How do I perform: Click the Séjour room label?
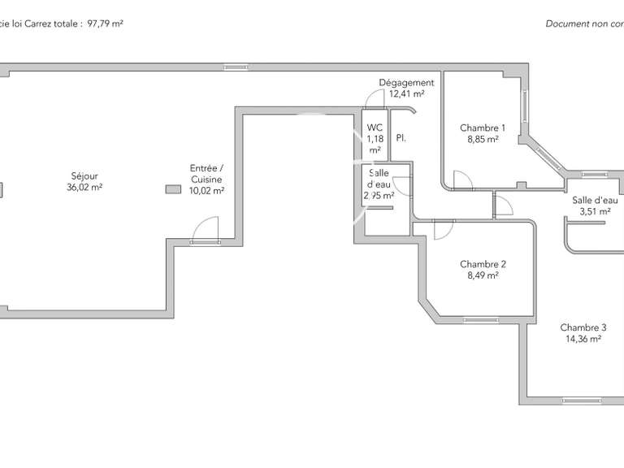[84, 175]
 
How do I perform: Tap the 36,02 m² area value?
[84, 187]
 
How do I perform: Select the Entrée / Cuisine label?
[206, 174]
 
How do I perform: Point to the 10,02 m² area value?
[206, 191]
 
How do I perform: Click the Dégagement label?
[406, 83]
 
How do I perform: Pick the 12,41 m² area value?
[406, 94]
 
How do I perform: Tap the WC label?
[375, 128]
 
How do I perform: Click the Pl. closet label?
[401, 139]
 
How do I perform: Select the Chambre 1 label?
[483, 128]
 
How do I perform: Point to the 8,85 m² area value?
[483, 139]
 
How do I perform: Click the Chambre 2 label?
[483, 264]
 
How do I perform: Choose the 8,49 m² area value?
[483, 275]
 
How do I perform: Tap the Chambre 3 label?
[583, 328]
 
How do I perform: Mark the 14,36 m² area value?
[583, 340]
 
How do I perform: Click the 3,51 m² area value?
[595, 211]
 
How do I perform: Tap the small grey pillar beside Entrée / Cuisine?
[172, 189]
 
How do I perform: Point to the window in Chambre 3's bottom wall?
[583, 400]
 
